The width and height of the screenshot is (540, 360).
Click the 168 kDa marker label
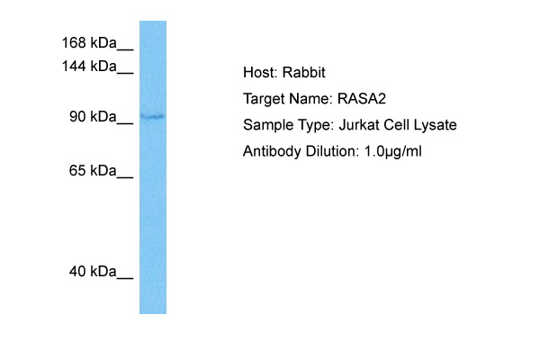[x=89, y=42]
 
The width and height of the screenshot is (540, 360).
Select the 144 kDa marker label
[x=89, y=66]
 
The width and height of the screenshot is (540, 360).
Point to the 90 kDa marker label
[x=93, y=116]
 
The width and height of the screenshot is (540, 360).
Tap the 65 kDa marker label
[x=93, y=170]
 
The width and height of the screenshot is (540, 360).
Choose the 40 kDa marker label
[x=93, y=272]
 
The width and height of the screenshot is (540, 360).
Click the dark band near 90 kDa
[x=153, y=117]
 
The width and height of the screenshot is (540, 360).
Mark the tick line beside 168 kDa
[x=125, y=50]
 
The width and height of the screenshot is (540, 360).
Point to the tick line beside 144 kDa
[x=125, y=73]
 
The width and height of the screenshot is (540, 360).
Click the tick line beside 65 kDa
[x=125, y=177]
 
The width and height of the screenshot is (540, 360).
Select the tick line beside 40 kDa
[x=125, y=278]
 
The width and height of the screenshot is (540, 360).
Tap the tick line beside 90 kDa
[x=125, y=123]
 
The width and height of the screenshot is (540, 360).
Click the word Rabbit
[x=304, y=72]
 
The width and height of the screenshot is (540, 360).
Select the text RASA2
[x=362, y=99]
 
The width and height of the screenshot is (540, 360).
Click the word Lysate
[x=435, y=125]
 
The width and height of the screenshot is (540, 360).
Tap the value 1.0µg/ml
[x=393, y=151]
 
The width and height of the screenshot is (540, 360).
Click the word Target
[x=264, y=99]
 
